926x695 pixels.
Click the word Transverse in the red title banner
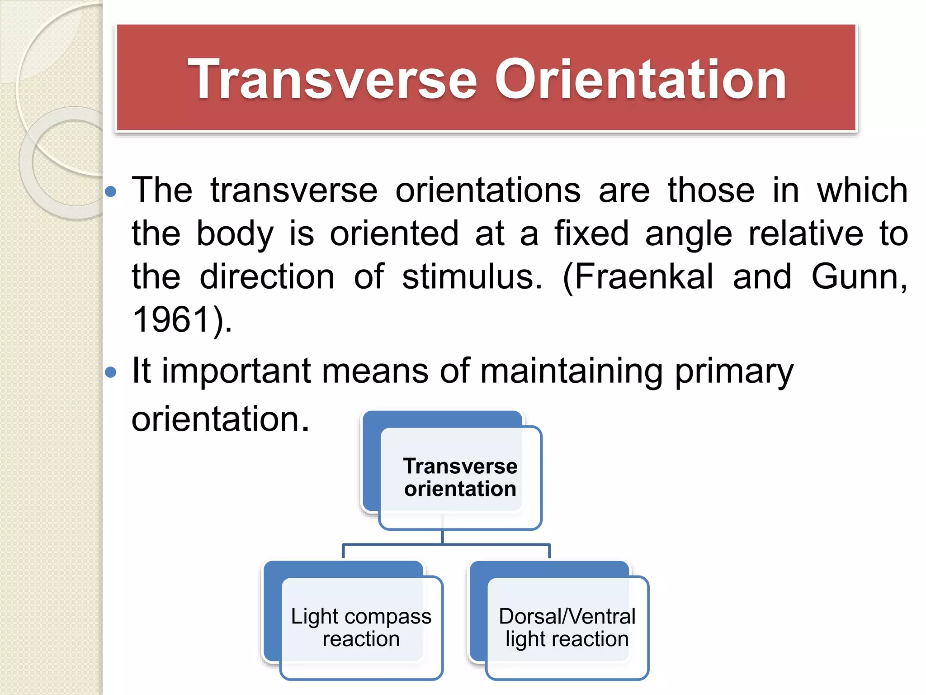click(332, 80)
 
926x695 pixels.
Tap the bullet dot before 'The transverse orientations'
click(110, 192)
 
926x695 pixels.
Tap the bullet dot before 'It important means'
click(110, 372)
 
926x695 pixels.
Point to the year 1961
click(172, 319)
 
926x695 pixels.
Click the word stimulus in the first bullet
click(471, 276)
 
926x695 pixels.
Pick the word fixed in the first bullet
click(591, 233)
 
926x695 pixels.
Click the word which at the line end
click(862, 190)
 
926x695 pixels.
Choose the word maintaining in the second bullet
click(571, 371)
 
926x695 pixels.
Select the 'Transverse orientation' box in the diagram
click(460, 477)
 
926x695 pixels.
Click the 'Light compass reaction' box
click(361, 628)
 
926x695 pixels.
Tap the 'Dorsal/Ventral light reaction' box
click(567, 628)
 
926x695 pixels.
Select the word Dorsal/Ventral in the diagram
click(567, 616)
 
